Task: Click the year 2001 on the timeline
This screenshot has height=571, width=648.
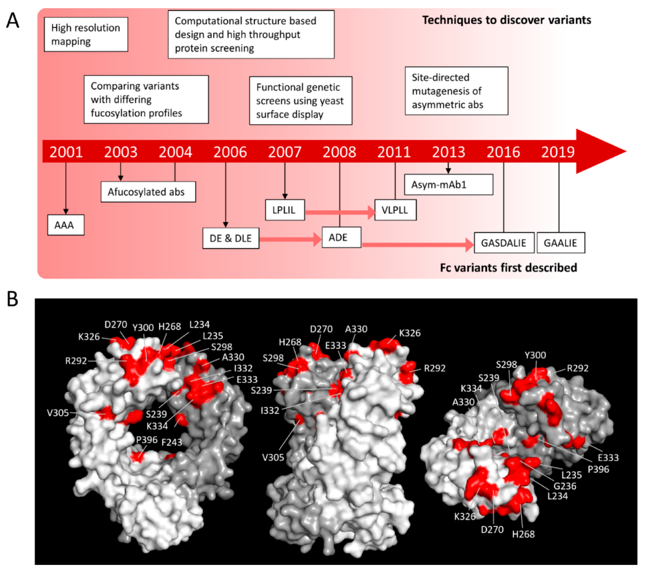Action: pyautogui.click(x=66, y=152)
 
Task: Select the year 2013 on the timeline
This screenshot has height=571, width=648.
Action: pyautogui.click(x=448, y=152)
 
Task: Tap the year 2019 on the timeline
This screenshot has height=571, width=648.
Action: pyautogui.click(x=558, y=152)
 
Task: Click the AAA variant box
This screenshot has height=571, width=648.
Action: pyautogui.click(x=66, y=225)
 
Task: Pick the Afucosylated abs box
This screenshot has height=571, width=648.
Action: pyautogui.click(x=148, y=192)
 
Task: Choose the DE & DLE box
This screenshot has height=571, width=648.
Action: pyautogui.click(x=231, y=238)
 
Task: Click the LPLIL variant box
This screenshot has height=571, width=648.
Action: pyautogui.click(x=285, y=210)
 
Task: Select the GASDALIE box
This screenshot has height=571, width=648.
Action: pyautogui.click(x=504, y=243)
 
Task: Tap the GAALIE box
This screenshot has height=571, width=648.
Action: pyautogui.click(x=560, y=243)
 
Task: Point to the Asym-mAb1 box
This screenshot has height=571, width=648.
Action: pyautogui.click(x=448, y=184)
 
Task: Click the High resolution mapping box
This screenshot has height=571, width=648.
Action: pyautogui.click(x=86, y=34)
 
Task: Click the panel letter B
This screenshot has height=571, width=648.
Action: pyautogui.click(x=12, y=299)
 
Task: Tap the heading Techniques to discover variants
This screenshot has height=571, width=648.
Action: pyautogui.click(x=506, y=20)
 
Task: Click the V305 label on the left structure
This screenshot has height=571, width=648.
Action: pyautogui.click(x=58, y=413)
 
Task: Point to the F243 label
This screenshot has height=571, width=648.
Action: pyautogui.click(x=171, y=442)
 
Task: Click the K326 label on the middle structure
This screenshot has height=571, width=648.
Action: pyautogui.click(x=410, y=333)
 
